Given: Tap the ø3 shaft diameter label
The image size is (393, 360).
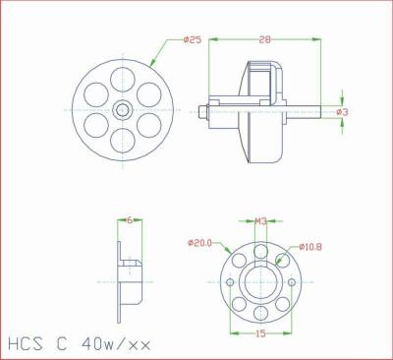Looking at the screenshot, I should point(342,112).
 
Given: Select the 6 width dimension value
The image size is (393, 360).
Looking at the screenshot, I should point(130,221).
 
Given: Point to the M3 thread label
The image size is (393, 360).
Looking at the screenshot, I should point(260,221).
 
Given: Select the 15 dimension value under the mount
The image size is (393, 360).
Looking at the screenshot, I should point(260,333).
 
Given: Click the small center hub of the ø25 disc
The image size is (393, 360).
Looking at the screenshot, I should point(122,109).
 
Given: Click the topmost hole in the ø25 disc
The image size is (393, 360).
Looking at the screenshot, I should point(122,79).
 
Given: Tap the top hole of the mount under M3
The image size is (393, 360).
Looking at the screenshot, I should point(260,250).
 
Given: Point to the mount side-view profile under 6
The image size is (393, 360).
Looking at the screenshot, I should point(129,279).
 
